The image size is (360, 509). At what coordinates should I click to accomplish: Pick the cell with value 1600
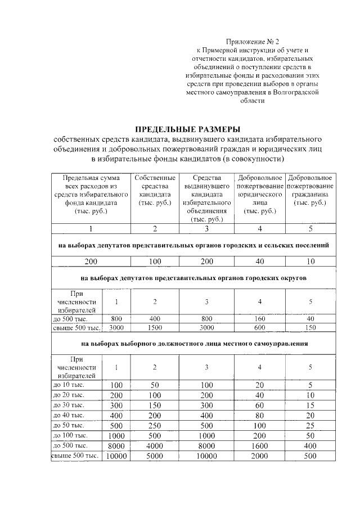coord(259,444)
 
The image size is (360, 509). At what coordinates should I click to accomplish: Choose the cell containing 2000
coord(259,456)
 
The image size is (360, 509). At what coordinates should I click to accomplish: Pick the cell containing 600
coord(259,328)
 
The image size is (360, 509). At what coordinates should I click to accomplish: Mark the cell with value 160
coord(259,318)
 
